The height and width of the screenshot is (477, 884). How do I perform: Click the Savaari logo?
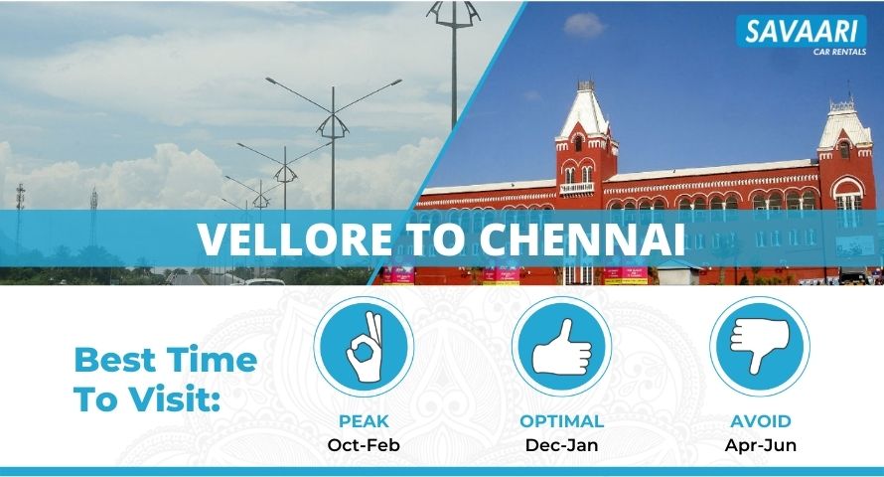802,36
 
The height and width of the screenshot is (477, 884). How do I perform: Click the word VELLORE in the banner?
295,238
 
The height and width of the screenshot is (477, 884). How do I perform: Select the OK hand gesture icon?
365,346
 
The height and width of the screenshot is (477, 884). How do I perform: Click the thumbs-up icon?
561,346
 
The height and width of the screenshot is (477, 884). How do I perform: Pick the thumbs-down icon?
760,346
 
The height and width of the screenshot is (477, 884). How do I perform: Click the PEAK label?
364,421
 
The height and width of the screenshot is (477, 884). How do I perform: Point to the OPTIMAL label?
561,421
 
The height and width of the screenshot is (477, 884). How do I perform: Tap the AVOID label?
761,421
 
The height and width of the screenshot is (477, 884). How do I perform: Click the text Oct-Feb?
364,445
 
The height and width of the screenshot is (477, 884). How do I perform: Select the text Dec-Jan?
561,445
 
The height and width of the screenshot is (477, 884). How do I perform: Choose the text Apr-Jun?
761,445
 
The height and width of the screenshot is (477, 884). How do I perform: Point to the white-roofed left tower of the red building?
585,141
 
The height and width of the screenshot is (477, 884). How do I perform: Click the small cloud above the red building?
584,26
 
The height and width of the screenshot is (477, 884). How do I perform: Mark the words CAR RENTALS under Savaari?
839,52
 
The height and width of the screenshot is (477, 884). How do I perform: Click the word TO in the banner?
436,238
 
